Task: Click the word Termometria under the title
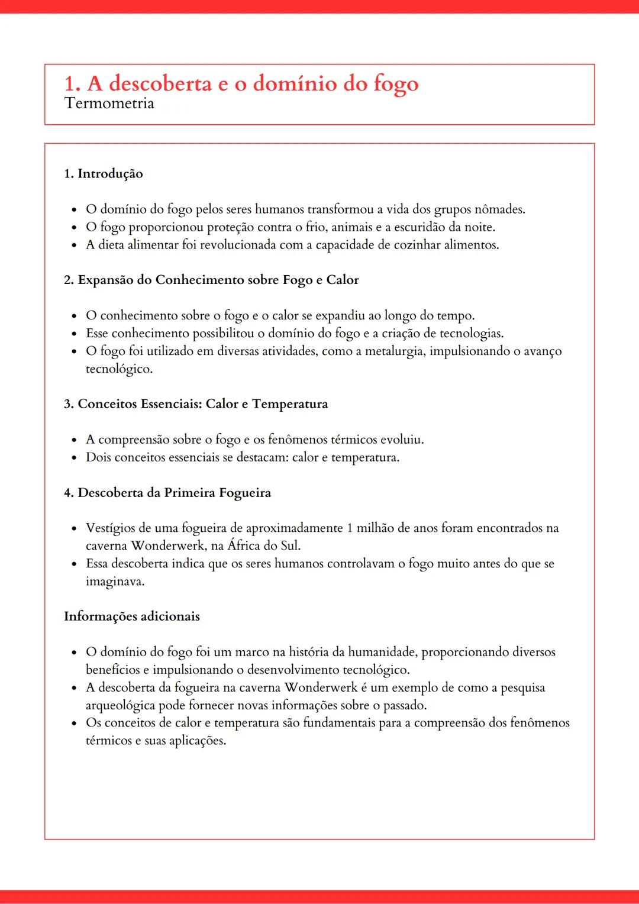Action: coord(109,104)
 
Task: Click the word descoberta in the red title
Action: coord(160,83)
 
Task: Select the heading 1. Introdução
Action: coord(104,174)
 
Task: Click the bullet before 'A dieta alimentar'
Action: coord(74,246)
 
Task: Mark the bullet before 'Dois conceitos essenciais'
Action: coord(74,458)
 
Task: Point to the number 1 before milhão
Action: coord(350,528)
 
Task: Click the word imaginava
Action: coord(114,582)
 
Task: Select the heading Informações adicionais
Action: coord(132,616)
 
